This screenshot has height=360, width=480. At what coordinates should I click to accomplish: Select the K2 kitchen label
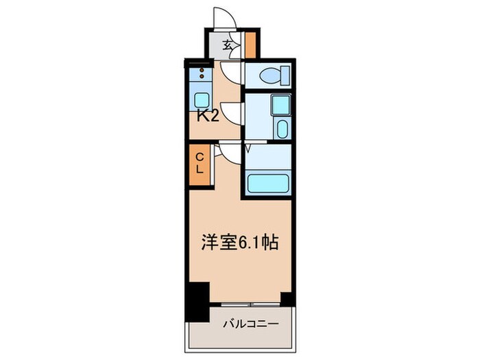pyautogui.click(x=208, y=116)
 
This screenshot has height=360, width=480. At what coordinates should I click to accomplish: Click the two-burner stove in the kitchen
pyautogui.click(x=202, y=74)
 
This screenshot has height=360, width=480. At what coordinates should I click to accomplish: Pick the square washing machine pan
pyautogui.click(x=280, y=105)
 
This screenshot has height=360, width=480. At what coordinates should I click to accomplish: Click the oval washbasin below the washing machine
pyautogui.click(x=280, y=128)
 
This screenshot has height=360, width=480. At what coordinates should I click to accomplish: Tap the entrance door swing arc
pyautogui.click(x=224, y=18)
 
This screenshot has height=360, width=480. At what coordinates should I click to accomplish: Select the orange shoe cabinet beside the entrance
pyautogui.click(x=251, y=45)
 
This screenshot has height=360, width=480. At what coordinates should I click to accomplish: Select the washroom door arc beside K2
pyautogui.click(x=232, y=112)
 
